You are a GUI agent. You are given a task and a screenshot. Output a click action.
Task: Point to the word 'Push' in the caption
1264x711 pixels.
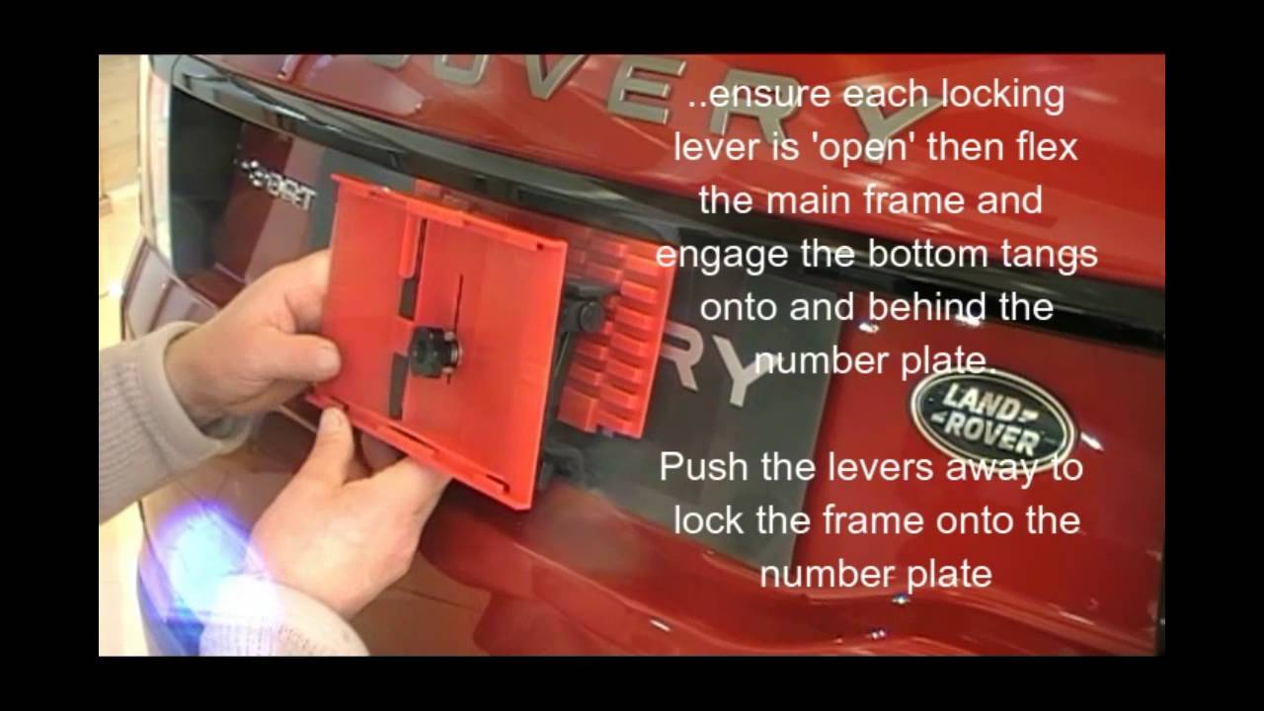tap(703, 467)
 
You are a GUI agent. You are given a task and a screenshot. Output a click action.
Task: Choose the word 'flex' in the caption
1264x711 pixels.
tap(1042, 149)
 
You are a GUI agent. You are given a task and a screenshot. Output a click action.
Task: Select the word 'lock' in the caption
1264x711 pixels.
tap(707, 519)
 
